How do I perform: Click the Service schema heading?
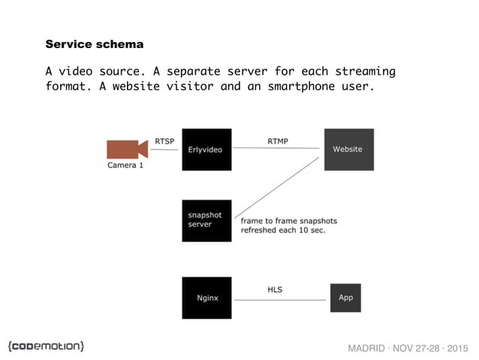[x=94, y=44]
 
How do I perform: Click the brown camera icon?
[x=125, y=149]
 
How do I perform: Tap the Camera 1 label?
[x=125, y=165]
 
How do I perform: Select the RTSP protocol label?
[x=165, y=141]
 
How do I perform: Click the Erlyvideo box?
[x=206, y=149]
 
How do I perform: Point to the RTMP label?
[x=278, y=141]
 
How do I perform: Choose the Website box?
[x=348, y=149]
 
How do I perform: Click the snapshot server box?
[x=206, y=220]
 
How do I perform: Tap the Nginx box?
[x=206, y=298]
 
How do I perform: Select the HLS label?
[x=275, y=289]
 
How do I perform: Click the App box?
[x=345, y=298]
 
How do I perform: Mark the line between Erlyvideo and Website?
[x=278, y=148]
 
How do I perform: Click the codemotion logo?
[x=46, y=345]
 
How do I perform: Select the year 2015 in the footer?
[x=453, y=348]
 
